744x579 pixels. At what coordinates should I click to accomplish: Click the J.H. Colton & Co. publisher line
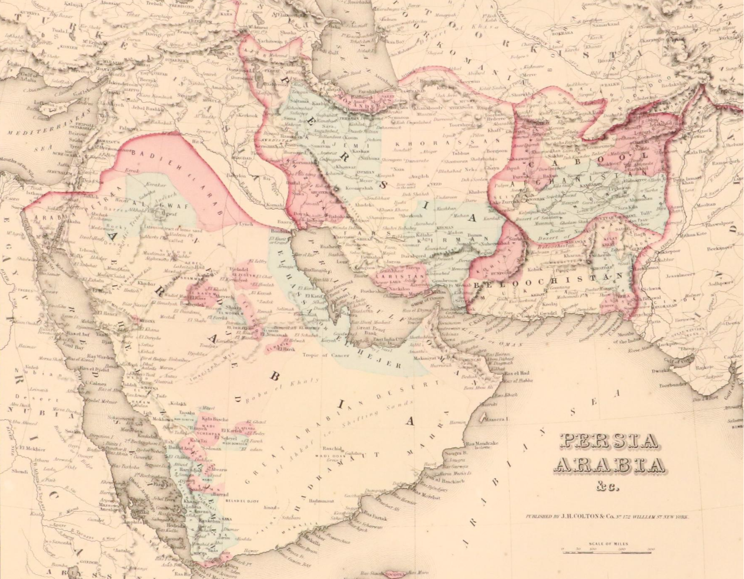pyautogui.click(x=607, y=517)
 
